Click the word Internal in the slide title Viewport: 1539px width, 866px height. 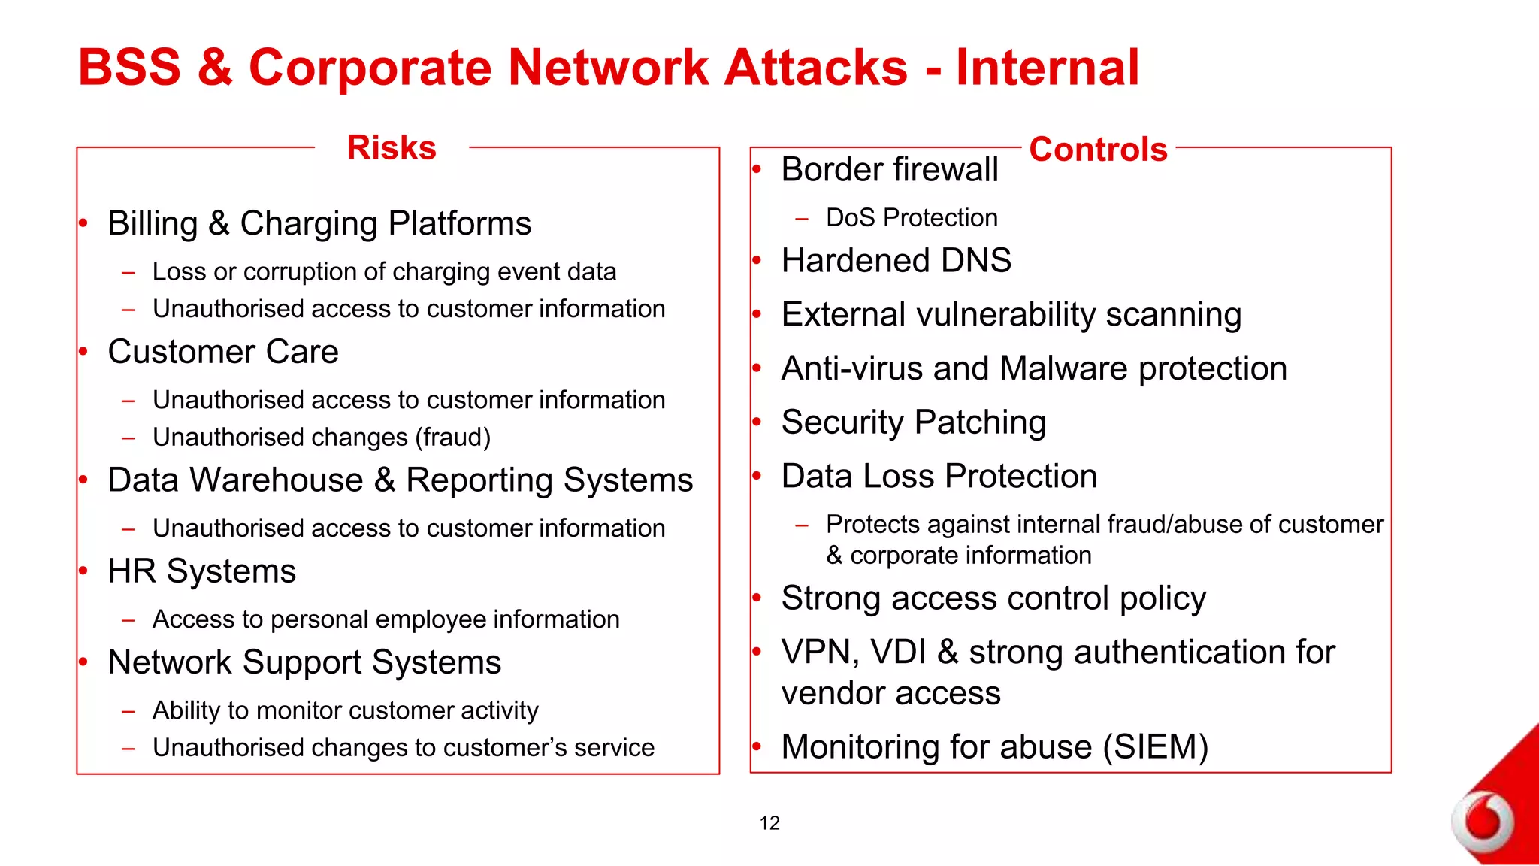coord(1048,68)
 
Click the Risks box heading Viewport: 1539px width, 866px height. coord(392,147)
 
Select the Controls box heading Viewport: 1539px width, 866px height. coord(1098,149)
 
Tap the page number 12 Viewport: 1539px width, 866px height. coord(769,823)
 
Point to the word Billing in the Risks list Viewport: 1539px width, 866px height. coord(153,224)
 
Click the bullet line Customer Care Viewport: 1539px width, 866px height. coord(222,352)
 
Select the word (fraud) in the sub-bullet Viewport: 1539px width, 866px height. coord(455,438)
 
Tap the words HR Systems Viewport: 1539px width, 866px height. coord(201,571)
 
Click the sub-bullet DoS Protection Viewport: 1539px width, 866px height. coord(911,218)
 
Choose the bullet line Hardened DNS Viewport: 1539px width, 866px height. coord(896,261)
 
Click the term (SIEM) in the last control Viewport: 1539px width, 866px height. coord(1156,747)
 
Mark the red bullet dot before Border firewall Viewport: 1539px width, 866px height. coord(757,169)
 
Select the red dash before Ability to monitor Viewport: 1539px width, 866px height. coord(129,711)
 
